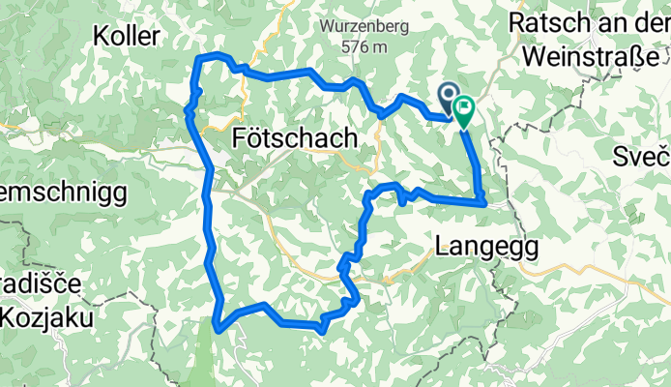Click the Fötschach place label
click(x=295, y=139)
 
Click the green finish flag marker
click(x=464, y=113)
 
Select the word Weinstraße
click(x=593, y=56)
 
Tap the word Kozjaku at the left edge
click(x=39, y=316)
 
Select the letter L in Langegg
click(x=444, y=246)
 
